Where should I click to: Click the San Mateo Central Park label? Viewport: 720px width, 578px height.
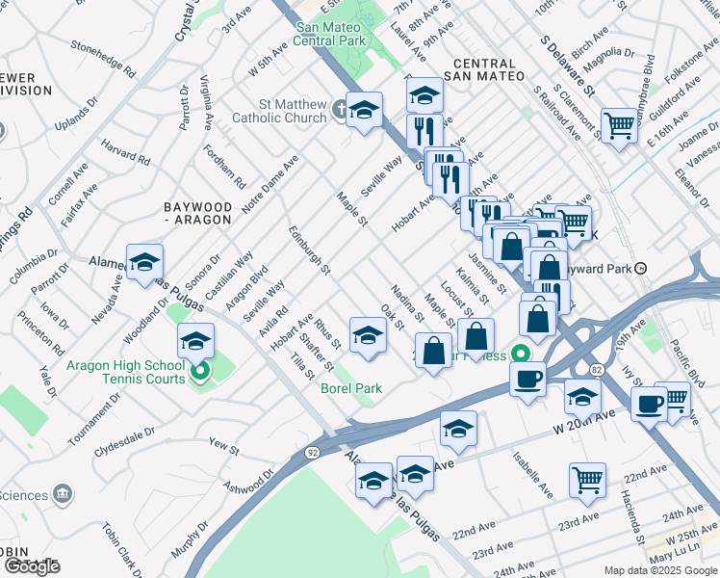[x=330, y=34]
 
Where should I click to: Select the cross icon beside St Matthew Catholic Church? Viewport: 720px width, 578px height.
[x=339, y=110]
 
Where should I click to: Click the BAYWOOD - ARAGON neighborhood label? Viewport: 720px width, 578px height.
[x=197, y=213]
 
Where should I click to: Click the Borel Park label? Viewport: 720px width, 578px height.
[x=350, y=388]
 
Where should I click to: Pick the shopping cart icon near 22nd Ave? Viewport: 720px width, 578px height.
[x=588, y=479]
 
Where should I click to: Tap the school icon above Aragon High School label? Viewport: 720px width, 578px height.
[x=195, y=341]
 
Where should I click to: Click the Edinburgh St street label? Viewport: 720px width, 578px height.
[x=309, y=249]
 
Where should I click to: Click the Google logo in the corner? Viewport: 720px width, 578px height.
[x=32, y=565]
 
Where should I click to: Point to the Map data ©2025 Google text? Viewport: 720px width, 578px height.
[x=660, y=570]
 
